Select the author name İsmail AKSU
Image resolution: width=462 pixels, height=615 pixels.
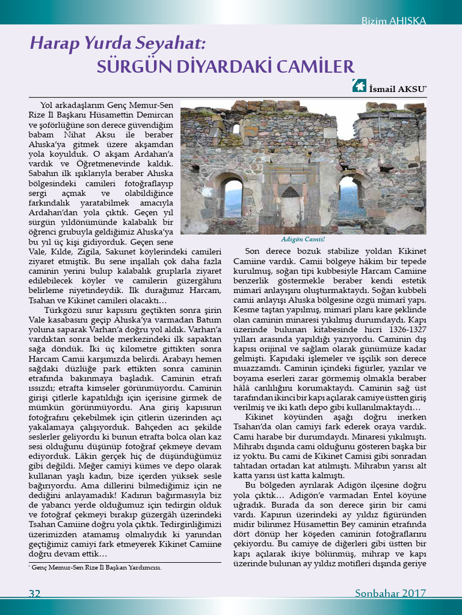(398, 88)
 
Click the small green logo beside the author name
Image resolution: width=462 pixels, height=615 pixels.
(359, 87)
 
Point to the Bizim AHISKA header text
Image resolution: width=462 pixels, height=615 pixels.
(393, 21)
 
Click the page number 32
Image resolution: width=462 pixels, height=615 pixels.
(35, 593)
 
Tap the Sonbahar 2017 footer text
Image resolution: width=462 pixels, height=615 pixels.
(390, 593)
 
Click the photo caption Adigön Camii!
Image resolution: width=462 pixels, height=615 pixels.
(303, 239)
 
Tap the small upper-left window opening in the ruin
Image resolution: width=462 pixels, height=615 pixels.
(236, 129)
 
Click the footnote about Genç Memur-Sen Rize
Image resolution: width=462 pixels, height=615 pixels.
(96, 567)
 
